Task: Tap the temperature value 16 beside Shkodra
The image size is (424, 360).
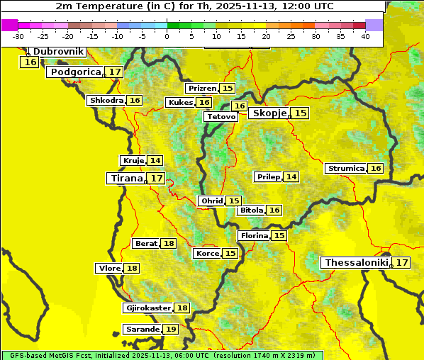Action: pyautogui.click(x=135, y=101)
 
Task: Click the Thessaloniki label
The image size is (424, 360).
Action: pyautogui.click(x=356, y=263)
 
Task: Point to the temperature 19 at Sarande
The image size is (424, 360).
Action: pyautogui.click(x=170, y=330)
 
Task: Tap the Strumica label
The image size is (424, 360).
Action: pyautogui.click(x=346, y=169)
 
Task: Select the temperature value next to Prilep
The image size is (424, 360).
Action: pyautogui.click(x=291, y=177)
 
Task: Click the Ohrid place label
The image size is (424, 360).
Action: pyautogui.click(x=212, y=201)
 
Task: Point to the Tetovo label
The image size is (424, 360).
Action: pyautogui.click(x=220, y=116)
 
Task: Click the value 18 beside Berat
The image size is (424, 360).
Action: pyautogui.click(x=168, y=244)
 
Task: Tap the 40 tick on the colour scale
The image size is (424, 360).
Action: pyautogui.click(x=364, y=36)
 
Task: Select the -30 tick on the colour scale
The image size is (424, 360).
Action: pyautogui.click(x=18, y=36)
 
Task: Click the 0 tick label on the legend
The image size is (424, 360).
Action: pyautogui.click(x=167, y=36)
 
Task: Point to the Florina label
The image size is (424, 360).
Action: pyautogui.click(x=254, y=235)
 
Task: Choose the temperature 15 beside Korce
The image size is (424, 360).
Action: pyautogui.click(x=230, y=254)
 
